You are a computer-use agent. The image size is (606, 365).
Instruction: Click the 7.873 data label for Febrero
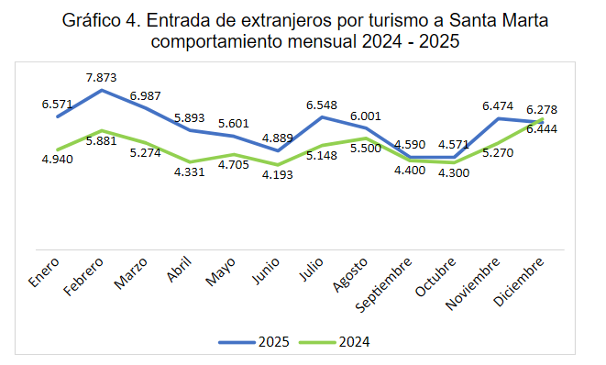[101, 78]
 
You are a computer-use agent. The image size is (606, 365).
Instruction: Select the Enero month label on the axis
[44, 272]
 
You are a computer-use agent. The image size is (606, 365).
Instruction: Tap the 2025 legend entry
[254, 342]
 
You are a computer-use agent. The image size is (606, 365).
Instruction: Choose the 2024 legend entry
[335, 342]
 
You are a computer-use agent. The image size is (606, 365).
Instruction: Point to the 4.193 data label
[278, 175]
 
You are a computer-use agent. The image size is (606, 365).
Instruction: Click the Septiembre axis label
[383, 284]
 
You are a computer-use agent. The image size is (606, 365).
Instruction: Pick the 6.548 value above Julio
[322, 105]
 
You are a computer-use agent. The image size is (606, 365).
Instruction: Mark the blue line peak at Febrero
[102, 90]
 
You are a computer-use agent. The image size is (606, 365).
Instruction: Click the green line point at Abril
[190, 162]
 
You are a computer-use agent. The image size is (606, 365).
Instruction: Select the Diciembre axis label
[519, 282]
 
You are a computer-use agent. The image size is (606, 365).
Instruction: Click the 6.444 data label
[542, 129]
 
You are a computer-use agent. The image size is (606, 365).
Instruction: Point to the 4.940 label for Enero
[57, 160]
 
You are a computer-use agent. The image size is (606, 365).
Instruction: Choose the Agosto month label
[350, 274]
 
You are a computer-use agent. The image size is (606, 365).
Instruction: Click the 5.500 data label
[366, 148]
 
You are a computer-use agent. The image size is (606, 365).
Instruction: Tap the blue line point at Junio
[278, 150]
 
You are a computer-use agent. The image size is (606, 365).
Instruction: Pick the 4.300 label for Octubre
[454, 172]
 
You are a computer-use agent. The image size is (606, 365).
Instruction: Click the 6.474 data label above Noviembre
[498, 106]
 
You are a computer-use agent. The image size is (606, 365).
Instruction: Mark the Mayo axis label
[220, 271]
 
